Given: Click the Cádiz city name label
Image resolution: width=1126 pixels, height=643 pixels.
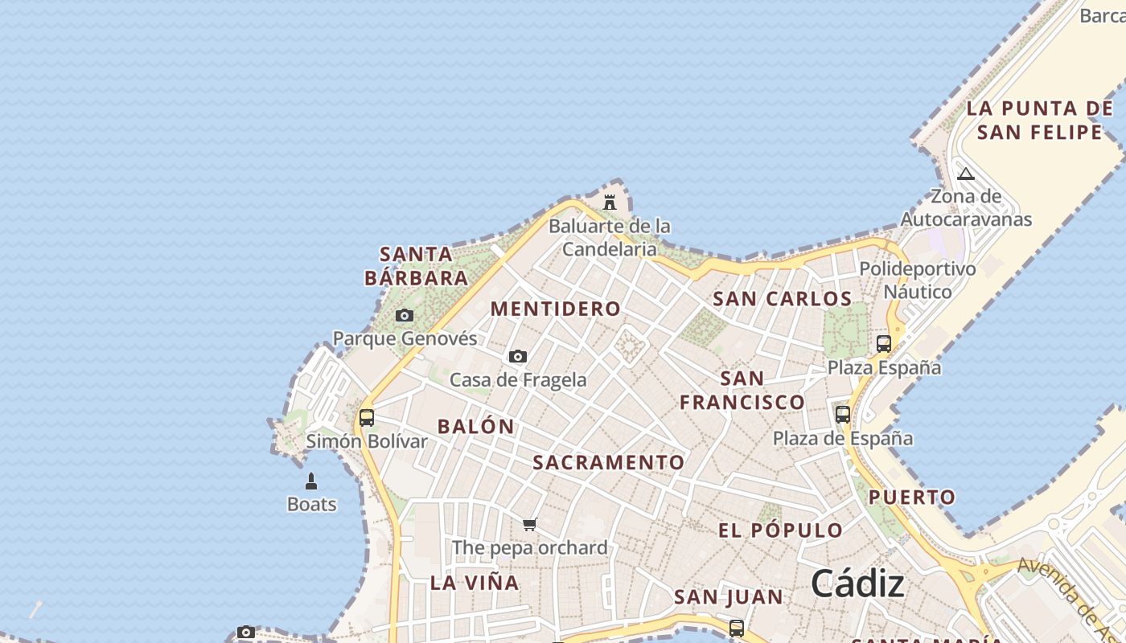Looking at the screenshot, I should coord(857,583).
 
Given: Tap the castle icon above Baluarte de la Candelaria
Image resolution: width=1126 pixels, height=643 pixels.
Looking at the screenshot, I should coord(610,202).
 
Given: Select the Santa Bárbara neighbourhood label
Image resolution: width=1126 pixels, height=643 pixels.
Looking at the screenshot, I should coord(416,266).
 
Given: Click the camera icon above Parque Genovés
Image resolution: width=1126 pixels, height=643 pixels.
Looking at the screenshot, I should coord(405,316).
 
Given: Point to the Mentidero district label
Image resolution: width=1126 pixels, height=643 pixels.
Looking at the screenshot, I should coord(556,309).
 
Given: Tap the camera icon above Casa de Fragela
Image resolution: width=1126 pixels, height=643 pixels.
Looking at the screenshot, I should coord(518,356).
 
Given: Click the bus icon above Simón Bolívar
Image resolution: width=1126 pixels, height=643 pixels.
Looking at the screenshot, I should coord(367,418).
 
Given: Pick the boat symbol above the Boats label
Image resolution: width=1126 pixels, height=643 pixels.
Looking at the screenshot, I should coord(311,481).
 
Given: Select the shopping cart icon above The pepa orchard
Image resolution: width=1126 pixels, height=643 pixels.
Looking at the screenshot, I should coord(529,525).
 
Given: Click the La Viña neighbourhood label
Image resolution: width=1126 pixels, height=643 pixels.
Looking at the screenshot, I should coord(475,583).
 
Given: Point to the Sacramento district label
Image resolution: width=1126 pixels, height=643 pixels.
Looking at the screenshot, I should coord(608,462).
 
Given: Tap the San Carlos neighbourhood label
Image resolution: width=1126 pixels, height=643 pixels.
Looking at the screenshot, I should coord(782,299).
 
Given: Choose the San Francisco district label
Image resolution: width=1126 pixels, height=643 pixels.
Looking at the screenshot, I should coord(742,390).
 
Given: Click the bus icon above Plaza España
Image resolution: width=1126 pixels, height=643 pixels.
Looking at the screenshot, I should coord(884,344).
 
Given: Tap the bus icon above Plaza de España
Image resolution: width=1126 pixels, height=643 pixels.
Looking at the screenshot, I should coord(843,415).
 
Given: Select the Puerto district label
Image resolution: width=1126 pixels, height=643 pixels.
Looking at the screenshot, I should coord(912,497).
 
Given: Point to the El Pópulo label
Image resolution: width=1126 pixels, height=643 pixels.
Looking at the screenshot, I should coord(780,530).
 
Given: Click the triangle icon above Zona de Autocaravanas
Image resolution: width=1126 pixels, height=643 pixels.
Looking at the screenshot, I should coord(966,174).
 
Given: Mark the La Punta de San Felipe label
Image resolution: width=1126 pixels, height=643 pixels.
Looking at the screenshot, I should coord(1039,120).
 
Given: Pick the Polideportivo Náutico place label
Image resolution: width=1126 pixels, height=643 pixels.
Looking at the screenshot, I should coord(918,280).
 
